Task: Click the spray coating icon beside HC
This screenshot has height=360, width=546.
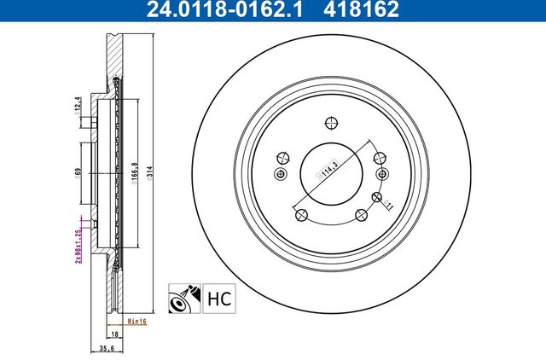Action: click(x=183, y=299)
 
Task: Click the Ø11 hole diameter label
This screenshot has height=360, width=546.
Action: click(x=386, y=203)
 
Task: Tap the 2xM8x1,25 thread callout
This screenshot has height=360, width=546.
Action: click(x=78, y=244)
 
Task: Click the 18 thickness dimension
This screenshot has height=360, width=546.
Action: click(x=113, y=335)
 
